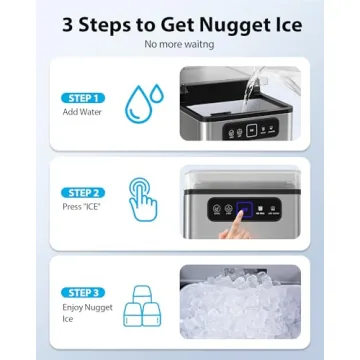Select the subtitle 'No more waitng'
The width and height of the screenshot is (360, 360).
179,46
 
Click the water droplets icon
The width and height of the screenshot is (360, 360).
144,103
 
